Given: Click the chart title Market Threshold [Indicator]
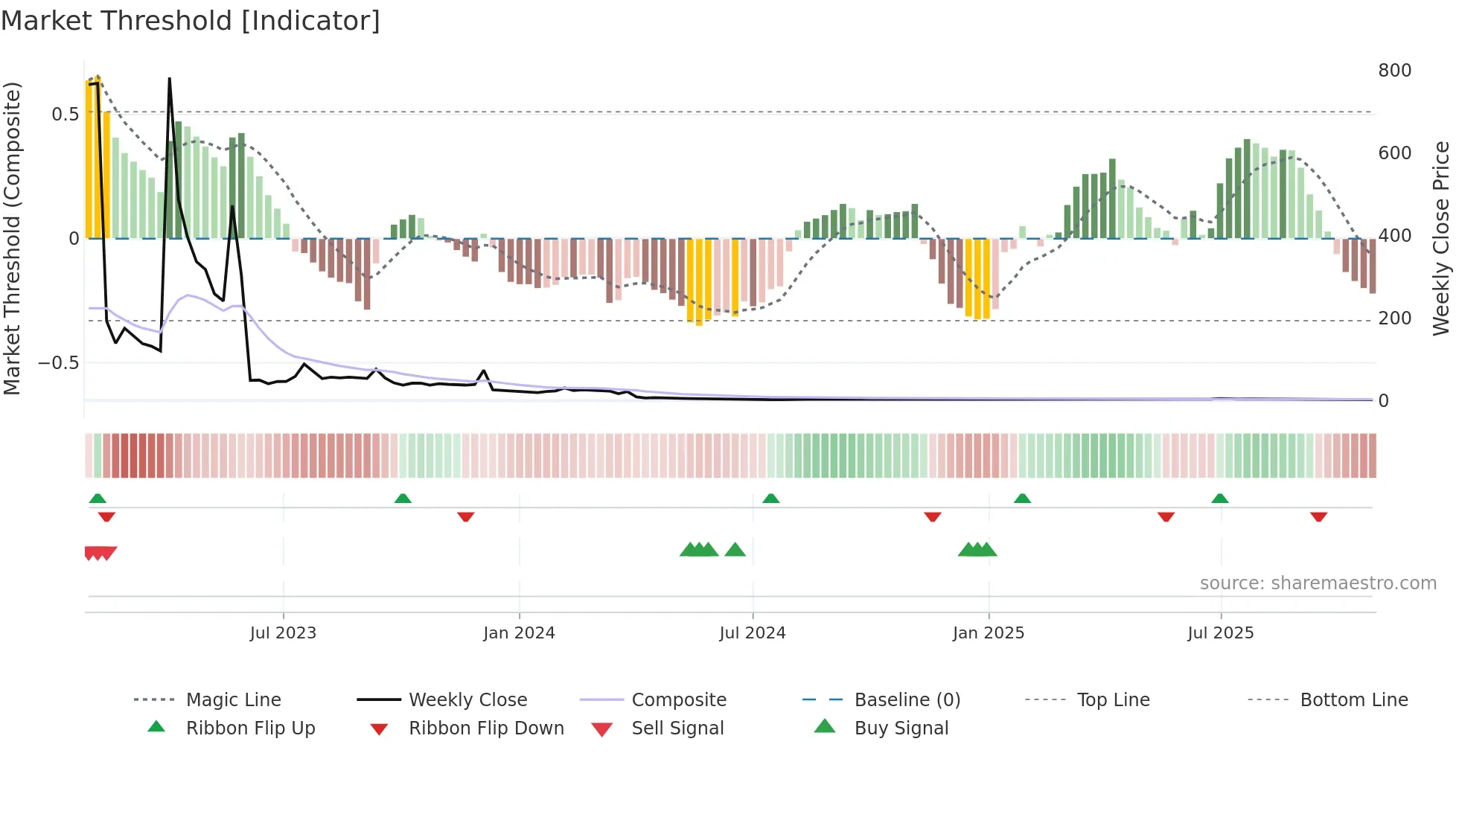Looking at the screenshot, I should tap(191, 21).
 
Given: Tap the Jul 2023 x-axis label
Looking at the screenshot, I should tap(283, 633).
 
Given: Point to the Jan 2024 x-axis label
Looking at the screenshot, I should tap(519, 633).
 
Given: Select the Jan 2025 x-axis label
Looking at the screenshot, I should tap(989, 633).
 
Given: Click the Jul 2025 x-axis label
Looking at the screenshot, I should tap(1221, 633).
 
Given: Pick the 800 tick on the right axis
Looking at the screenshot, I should tap(1394, 71).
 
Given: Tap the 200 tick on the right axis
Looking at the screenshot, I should tap(1394, 318).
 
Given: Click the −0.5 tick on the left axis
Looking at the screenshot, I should tap(59, 363).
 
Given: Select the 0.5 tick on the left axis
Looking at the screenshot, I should tap(65, 115).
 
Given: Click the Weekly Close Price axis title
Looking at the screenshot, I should tap(1441, 238).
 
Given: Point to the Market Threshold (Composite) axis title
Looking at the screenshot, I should tap(12, 238).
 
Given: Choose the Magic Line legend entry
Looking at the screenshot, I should tap(233, 700).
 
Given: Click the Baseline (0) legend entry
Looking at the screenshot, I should tap(907, 700).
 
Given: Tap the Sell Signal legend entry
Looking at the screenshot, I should tap(677, 728).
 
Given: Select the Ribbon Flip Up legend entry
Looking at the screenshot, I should tap(250, 728).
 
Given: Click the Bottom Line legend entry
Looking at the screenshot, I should tap(1353, 700).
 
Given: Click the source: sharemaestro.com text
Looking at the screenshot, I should tap(1318, 583).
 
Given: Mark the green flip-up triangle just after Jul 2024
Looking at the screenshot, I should tap(771, 499).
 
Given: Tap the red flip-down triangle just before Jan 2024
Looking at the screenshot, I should tap(466, 516).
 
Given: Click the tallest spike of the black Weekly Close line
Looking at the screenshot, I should tap(170, 80).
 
